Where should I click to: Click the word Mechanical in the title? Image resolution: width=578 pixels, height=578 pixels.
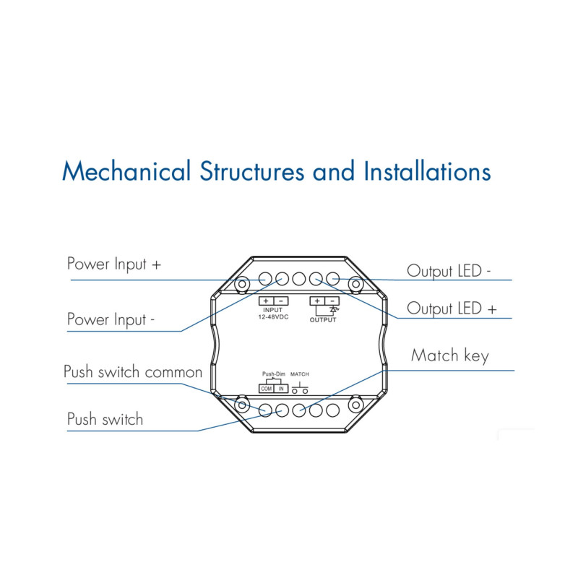coord(126,172)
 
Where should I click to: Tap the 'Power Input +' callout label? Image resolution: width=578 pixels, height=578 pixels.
coord(114,264)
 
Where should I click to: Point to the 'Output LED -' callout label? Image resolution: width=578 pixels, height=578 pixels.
coord(449,271)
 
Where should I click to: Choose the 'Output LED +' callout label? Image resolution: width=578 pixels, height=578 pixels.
coord(452,309)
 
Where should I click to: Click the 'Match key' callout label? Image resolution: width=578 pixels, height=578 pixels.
coord(449,355)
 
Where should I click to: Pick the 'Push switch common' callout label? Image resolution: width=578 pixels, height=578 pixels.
coord(133,373)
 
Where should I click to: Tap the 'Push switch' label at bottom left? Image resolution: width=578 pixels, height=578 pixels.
coord(105,419)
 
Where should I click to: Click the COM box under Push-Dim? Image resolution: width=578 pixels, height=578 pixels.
coord(266,389)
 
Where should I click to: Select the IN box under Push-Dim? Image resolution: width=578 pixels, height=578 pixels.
coord(282,389)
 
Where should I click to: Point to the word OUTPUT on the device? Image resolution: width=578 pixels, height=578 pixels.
coord(324,319)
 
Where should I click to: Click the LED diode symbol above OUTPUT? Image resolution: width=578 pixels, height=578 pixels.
coord(333,309)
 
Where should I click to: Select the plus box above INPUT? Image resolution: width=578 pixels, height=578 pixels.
coord(265,301)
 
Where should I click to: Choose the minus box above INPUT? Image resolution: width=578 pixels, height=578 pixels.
coord(281,301)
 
